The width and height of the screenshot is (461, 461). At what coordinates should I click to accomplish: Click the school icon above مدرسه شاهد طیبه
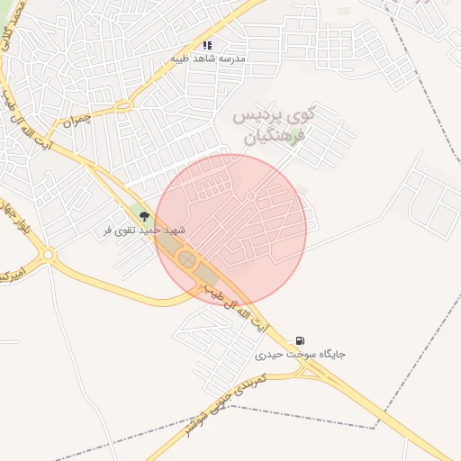click(x=207, y=44)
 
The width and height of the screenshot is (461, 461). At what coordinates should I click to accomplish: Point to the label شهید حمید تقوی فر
click(x=145, y=230)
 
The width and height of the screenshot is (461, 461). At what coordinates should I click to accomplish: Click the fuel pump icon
click(x=299, y=341)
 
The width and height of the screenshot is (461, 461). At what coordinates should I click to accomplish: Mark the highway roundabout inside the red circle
click(x=187, y=260)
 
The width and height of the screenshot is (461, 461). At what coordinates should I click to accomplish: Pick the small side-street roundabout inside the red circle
click(x=251, y=196)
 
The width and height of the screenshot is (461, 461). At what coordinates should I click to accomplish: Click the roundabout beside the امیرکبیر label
click(x=47, y=255)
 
